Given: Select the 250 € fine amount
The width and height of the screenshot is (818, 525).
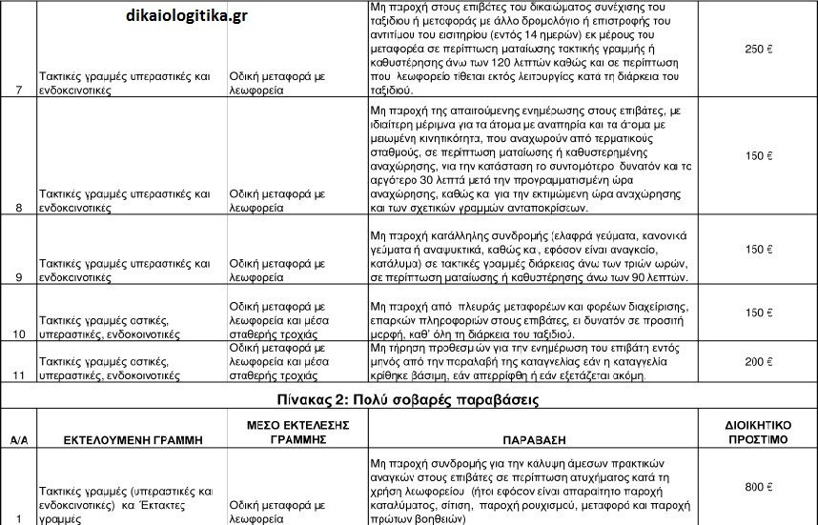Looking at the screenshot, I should coord(756,49).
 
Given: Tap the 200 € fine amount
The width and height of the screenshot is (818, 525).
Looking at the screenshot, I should coord(756,362).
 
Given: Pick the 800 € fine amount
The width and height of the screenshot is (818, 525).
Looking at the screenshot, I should coord(756,487).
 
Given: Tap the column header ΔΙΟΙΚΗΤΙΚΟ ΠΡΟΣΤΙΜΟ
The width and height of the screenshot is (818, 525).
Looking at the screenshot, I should coord(756,434).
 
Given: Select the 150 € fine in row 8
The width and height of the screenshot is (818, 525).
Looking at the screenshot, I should coord(756,155).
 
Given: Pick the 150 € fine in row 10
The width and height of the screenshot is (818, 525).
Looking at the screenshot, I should coord(756,313).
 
